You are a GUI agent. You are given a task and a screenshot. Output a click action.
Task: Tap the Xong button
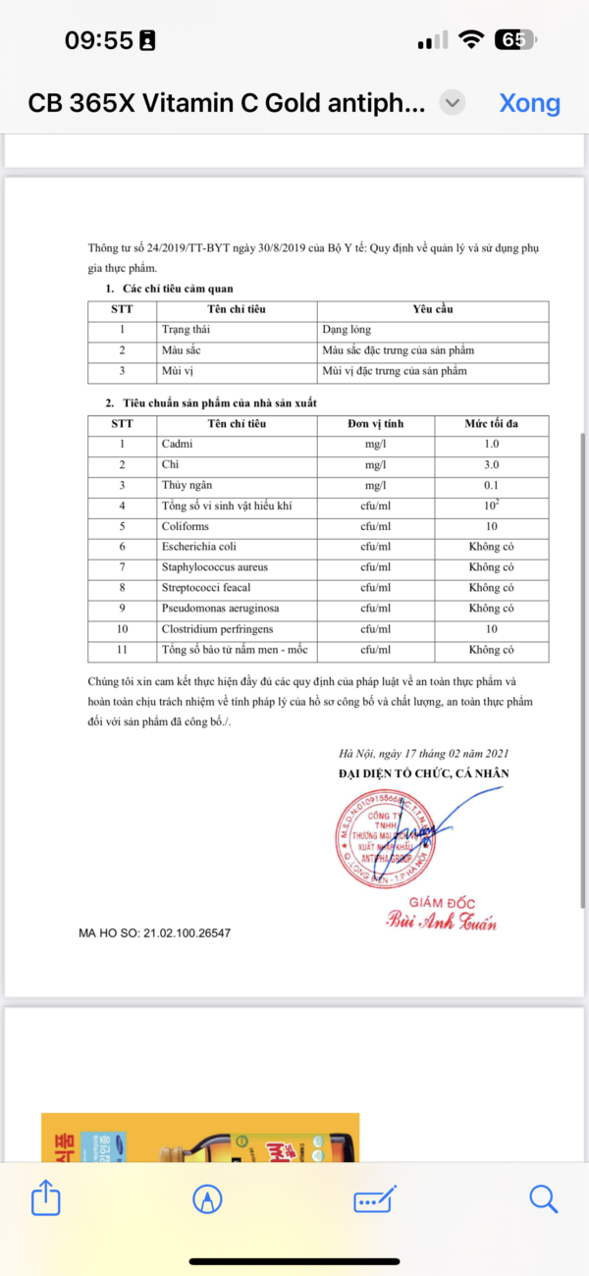point(529,103)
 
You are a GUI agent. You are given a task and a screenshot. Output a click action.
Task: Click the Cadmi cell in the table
point(178,445)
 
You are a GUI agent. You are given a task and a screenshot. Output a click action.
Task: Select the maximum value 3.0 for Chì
point(491,465)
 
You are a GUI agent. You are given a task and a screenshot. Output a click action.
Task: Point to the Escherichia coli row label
point(198,547)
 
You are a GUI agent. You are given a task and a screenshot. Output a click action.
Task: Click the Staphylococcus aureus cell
point(214,567)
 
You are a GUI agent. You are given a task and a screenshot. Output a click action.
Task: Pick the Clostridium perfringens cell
point(217,629)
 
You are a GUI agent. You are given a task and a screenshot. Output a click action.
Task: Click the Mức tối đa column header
point(491,424)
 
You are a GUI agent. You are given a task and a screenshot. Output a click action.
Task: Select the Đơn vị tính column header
point(375,424)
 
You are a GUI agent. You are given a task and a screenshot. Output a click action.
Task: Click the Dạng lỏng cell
point(347,331)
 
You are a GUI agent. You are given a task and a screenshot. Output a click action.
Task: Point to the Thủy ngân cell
point(187,486)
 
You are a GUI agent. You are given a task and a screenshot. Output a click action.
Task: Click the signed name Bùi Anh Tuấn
point(442,923)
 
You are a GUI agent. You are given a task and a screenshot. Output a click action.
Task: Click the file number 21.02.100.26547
point(187,932)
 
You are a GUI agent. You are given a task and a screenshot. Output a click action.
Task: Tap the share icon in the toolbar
point(45,1197)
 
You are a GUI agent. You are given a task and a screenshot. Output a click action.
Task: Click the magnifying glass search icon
point(543,1197)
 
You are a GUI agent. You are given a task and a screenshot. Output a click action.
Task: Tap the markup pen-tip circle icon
point(207,1198)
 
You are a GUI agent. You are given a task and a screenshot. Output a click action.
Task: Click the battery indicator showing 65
point(514,40)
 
